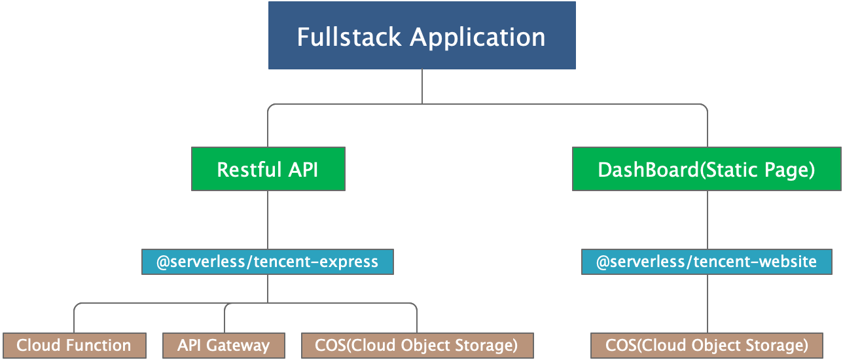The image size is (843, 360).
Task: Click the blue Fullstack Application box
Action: click(x=421, y=36)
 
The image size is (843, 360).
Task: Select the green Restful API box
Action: click(x=268, y=169)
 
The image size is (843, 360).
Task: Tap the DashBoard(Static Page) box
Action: click(x=706, y=169)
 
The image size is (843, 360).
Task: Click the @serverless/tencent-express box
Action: click(x=268, y=262)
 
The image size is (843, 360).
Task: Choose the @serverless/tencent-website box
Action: click(x=706, y=262)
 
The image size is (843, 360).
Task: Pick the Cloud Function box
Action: click(x=74, y=346)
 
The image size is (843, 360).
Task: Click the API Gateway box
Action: click(x=224, y=346)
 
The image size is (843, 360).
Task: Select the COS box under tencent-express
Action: click(x=416, y=346)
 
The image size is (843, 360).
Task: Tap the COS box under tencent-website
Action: click(x=707, y=346)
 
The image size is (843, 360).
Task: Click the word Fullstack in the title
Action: click(x=350, y=37)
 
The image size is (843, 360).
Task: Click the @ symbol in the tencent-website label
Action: click(x=602, y=262)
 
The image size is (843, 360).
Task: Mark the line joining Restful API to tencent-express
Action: click(x=268, y=219)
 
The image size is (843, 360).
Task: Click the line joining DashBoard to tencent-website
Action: click(x=708, y=219)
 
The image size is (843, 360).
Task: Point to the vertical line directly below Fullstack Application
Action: click(x=422, y=86)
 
